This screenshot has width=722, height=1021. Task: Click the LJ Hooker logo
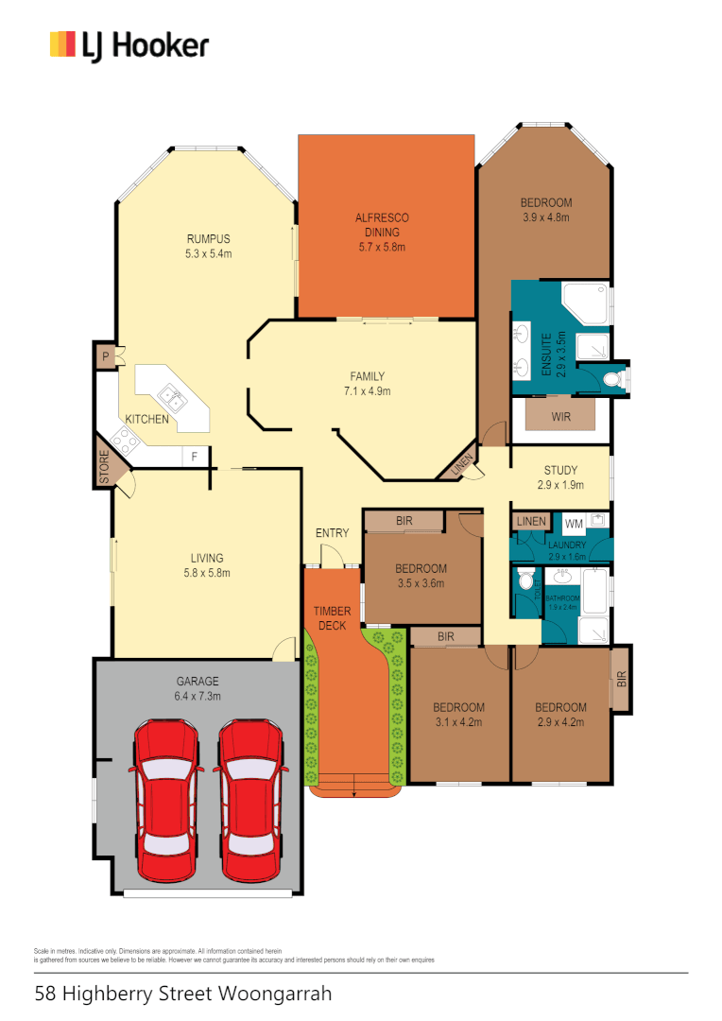click(x=129, y=45)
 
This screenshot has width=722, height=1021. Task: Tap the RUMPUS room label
click(x=208, y=239)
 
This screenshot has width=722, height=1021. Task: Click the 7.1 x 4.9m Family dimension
click(x=367, y=390)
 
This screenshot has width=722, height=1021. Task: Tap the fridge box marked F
click(x=195, y=456)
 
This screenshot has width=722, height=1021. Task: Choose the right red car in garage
click(x=249, y=799)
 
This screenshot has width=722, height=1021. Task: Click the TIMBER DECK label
click(x=332, y=618)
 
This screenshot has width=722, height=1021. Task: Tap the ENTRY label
click(x=332, y=533)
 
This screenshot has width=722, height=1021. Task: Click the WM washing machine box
click(x=574, y=523)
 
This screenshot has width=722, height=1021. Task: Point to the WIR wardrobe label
click(x=560, y=416)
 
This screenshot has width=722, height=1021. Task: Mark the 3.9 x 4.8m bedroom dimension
click(x=545, y=217)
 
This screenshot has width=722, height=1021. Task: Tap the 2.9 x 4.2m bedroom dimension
click(x=560, y=722)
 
